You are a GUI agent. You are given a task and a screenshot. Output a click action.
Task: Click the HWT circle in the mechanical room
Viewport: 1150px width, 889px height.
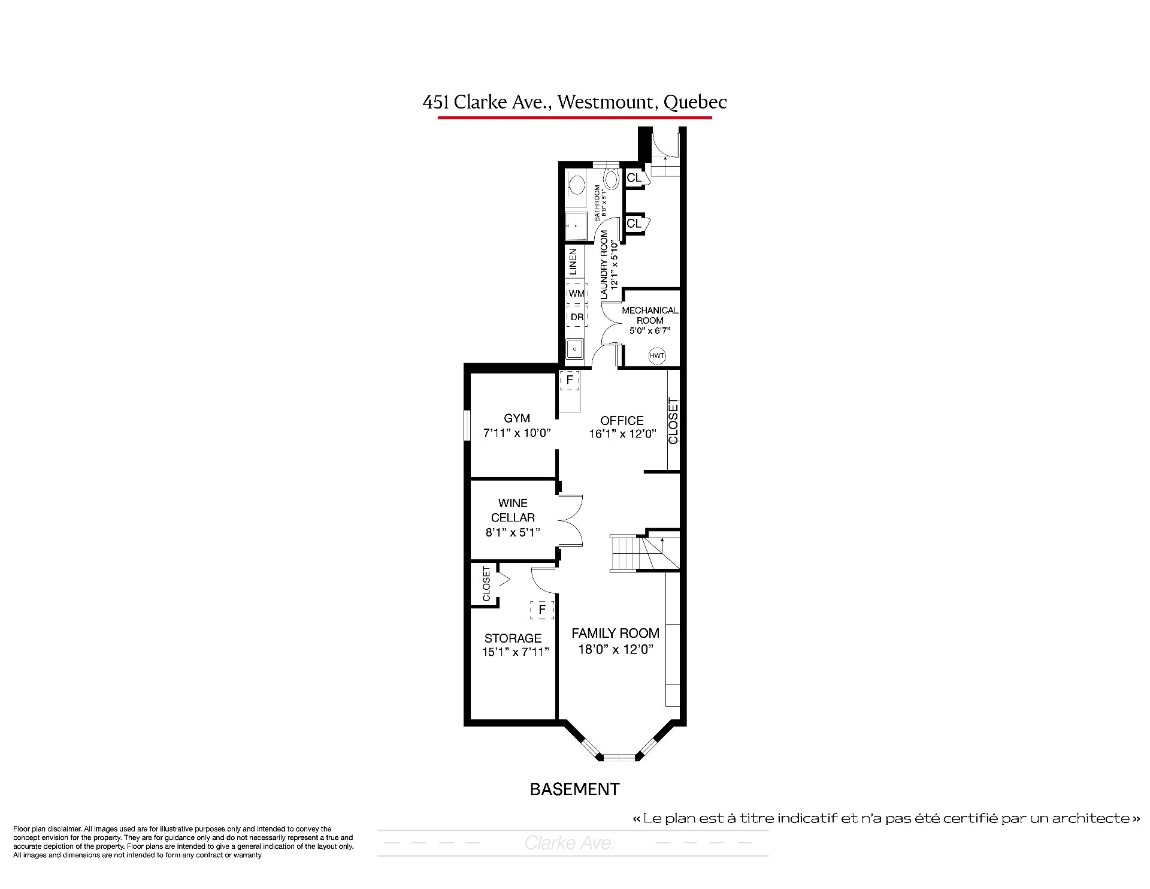(x=657, y=355)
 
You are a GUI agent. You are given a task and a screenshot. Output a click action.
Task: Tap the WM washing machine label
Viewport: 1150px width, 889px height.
(x=576, y=294)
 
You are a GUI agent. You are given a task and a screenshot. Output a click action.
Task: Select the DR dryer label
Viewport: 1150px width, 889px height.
(x=576, y=317)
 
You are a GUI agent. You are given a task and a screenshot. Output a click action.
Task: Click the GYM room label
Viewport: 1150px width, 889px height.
(x=517, y=418)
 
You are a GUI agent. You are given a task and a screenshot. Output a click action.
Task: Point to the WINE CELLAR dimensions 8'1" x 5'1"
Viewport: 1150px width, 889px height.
(x=513, y=532)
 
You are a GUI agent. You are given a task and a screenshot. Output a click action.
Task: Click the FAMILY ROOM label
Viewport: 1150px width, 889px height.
(x=615, y=633)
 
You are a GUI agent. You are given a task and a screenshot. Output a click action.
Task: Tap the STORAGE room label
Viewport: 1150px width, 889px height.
(x=513, y=638)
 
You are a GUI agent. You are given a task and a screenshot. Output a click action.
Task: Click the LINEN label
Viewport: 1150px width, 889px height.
(x=573, y=262)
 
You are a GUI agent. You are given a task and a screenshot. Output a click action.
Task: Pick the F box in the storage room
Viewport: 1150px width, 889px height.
(x=542, y=610)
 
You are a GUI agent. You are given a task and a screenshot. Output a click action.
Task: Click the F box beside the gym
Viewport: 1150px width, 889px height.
(x=570, y=380)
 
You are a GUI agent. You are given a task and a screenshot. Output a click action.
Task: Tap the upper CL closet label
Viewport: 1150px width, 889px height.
(x=634, y=178)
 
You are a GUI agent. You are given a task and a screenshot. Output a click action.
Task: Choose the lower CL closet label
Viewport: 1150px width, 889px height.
(x=634, y=224)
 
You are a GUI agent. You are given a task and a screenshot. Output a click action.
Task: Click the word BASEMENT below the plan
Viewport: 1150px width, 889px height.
(x=574, y=789)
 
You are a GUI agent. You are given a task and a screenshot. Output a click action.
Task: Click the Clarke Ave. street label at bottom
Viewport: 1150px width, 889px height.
(x=570, y=843)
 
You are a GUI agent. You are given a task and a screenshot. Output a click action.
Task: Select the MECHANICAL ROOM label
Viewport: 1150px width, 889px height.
(x=650, y=315)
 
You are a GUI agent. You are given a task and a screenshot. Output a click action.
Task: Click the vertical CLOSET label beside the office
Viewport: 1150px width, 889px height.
(x=673, y=421)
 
